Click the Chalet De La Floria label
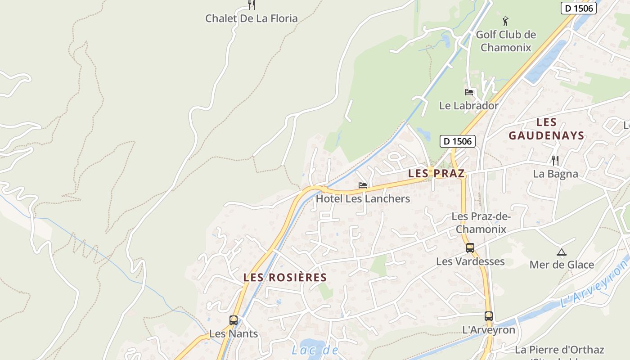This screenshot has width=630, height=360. click(251, 18)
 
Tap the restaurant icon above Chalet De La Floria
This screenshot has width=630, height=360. click(252, 5)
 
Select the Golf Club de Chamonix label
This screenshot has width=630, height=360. click(506, 41)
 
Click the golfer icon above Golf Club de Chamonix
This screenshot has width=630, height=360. click(506, 21)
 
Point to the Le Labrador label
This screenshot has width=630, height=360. click(468, 106)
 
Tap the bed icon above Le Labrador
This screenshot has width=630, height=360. click(469, 92)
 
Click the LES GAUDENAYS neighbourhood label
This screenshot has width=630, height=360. click(546, 129)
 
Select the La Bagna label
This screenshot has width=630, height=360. click(555, 174)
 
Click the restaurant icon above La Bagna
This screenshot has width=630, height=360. click(555, 160)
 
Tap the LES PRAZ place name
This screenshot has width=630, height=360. click(436, 174)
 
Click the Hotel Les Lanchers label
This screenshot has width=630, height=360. click(363, 198)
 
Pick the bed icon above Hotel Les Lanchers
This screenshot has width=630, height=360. click(363, 185)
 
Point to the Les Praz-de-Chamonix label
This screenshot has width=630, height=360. click(481, 223)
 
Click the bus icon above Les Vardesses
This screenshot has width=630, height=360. click(470, 248)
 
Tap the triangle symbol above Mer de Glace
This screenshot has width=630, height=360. click(561, 252)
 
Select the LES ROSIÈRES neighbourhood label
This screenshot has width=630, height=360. click(285, 278)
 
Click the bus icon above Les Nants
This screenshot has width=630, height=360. click(234, 320)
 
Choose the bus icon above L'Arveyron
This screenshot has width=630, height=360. click(489, 316)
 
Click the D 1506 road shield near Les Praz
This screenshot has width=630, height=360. click(457, 141)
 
